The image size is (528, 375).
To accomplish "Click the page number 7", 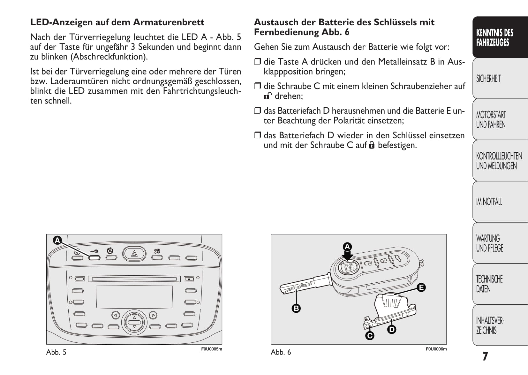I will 485,356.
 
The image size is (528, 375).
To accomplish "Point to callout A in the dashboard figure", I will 57,240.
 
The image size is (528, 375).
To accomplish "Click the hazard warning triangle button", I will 134,254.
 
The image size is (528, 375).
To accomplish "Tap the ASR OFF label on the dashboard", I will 157,251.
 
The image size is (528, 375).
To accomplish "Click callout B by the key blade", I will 296,308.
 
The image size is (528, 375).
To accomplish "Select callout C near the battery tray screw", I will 370,336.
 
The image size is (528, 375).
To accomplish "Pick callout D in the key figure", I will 392,329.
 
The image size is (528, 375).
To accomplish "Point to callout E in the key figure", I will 421,287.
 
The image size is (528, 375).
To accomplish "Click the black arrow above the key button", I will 347,256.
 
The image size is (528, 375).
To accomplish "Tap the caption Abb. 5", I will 57,352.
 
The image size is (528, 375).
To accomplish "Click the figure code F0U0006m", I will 436,349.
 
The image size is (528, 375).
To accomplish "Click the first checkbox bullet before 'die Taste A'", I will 257,61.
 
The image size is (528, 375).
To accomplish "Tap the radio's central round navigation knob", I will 134,322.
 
